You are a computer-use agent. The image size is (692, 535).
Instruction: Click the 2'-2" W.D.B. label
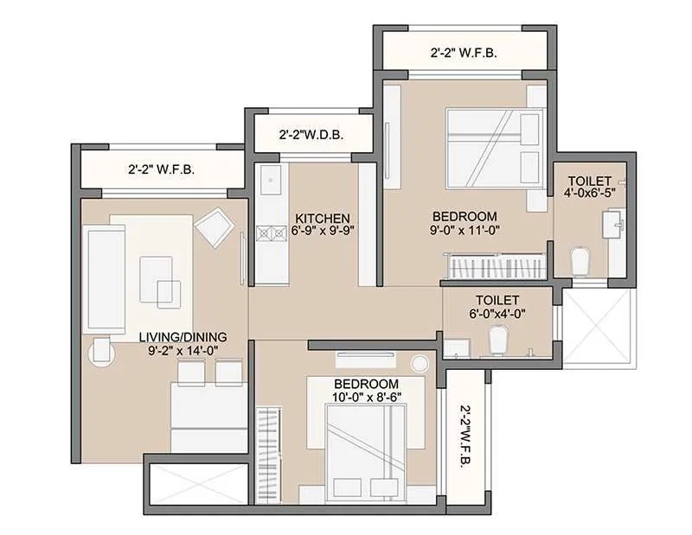pyautogui.click(x=312, y=136)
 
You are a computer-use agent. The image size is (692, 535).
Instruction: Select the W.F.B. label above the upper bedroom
pyautogui.click(x=464, y=53)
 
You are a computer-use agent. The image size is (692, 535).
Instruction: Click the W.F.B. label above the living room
pyautogui.click(x=161, y=169)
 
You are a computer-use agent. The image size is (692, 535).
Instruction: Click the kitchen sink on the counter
pyautogui.click(x=269, y=183)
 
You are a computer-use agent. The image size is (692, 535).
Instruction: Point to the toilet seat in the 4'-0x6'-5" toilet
pyautogui.click(x=581, y=257)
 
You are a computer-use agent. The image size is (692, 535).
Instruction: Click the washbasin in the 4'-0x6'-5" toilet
pyautogui.click(x=615, y=226)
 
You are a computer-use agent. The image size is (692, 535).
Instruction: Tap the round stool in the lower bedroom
pyautogui.click(x=420, y=363)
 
